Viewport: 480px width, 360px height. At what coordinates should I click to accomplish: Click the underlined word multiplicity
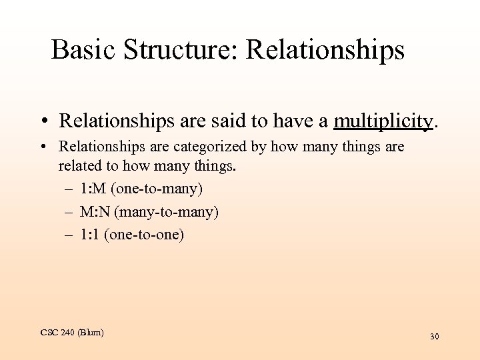pyautogui.click(x=383, y=121)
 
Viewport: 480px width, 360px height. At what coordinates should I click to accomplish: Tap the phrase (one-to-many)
pyautogui.click(x=157, y=189)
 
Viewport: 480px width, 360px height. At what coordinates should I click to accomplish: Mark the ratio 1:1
pyautogui.click(x=89, y=235)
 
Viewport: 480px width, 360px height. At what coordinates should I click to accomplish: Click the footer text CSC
pyautogui.click(x=49, y=333)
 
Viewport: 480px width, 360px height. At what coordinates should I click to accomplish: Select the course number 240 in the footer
pyautogui.click(x=67, y=333)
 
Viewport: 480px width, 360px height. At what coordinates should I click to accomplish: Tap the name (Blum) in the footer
pyautogui.click(x=91, y=333)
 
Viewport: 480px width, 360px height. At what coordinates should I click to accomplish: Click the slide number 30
pyautogui.click(x=434, y=337)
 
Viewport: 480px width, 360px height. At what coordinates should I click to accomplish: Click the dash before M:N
pyautogui.click(x=69, y=212)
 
